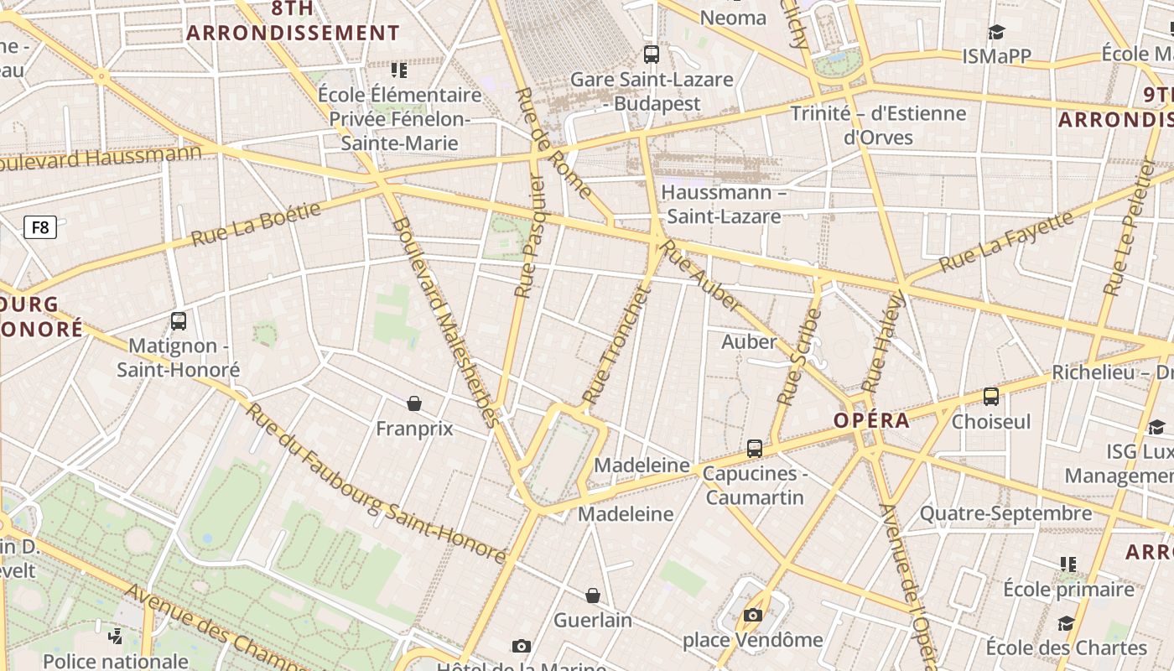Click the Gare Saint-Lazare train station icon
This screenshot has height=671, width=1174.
pyautogui.click(x=651, y=55)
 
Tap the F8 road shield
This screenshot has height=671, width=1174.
pyautogui.click(x=39, y=226)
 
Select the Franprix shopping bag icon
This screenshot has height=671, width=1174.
pyautogui.click(x=413, y=403)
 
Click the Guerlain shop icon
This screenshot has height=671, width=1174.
pyautogui.click(x=593, y=596)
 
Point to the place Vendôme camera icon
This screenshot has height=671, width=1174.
pyautogui.click(x=752, y=616)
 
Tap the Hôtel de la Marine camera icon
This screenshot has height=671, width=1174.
pyautogui.click(x=521, y=646)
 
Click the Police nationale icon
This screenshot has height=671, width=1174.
pyautogui.click(x=116, y=637)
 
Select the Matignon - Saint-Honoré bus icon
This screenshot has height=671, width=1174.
pyautogui.click(x=178, y=320)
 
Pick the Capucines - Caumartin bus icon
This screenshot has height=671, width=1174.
pyautogui.click(x=754, y=449)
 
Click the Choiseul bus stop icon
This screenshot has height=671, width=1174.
pyautogui.click(x=990, y=397)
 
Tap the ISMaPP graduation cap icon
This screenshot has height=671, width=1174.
pyautogui.click(x=996, y=32)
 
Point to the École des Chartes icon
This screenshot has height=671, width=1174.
pyautogui.click(x=1066, y=623)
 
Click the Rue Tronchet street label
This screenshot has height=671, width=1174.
pyautogui.click(x=616, y=344)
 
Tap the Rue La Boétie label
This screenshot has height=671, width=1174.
pyautogui.click(x=256, y=223)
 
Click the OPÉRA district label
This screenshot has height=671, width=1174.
pyautogui.click(x=872, y=421)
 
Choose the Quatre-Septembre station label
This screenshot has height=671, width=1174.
pyautogui.click(x=1005, y=513)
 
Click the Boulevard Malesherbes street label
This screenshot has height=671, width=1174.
pyautogui.click(x=445, y=322)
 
